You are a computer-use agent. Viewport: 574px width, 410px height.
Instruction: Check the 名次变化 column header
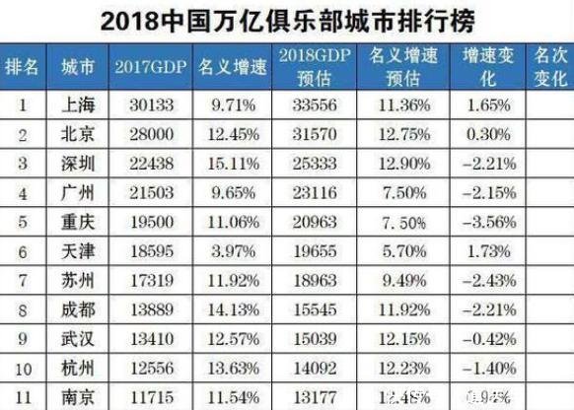548,67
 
